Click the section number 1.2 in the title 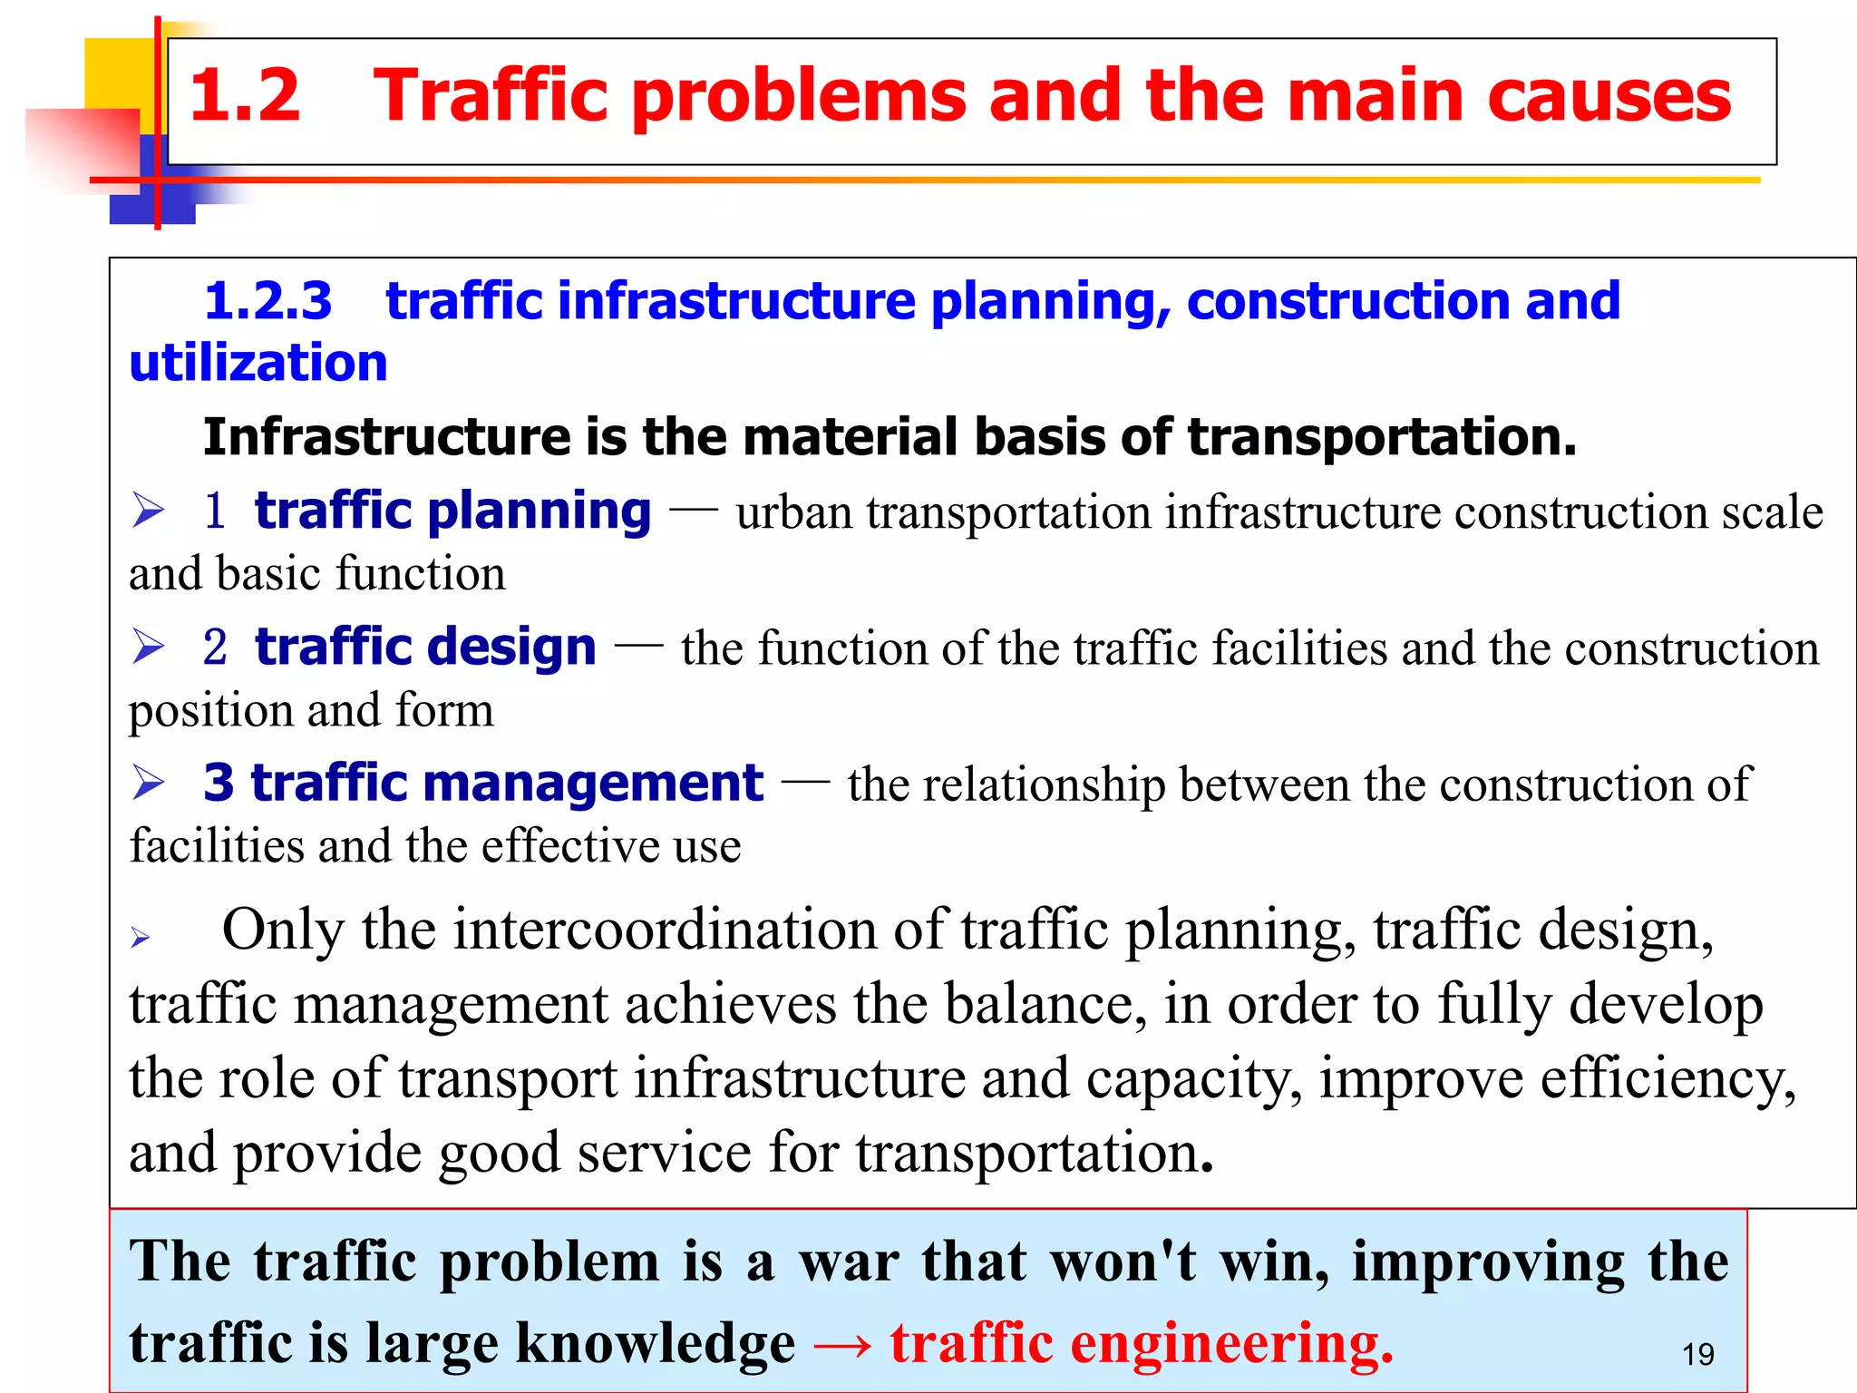click(x=244, y=96)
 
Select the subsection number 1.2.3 click(x=267, y=301)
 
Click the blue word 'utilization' click(x=258, y=364)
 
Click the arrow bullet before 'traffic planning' click(x=148, y=510)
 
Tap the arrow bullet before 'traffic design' click(x=148, y=647)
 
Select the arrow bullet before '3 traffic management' click(x=148, y=783)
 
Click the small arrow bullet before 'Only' click(x=140, y=937)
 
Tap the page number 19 click(x=1697, y=1355)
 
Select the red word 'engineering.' click(x=1231, y=1343)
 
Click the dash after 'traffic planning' click(x=693, y=510)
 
